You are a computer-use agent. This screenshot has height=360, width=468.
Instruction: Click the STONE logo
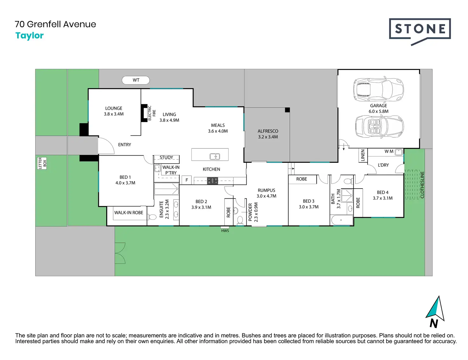click(x=420, y=31)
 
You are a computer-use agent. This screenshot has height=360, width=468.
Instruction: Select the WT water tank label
click(x=136, y=80)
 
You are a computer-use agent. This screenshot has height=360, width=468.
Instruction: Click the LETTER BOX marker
click(x=42, y=163)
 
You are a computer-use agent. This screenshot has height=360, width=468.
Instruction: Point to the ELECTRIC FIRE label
click(x=152, y=113)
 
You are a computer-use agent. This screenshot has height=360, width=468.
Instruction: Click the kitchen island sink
click(x=215, y=156)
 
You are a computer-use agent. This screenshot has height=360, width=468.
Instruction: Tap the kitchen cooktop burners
click(x=213, y=181)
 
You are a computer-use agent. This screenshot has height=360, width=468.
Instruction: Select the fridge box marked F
click(x=187, y=180)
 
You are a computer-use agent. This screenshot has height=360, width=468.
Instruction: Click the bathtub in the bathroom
click(x=342, y=220)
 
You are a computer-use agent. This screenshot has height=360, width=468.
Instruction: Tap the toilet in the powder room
click(x=240, y=220)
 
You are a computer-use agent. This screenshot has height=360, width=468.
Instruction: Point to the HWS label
click(x=225, y=231)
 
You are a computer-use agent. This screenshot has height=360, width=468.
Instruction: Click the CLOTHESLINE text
click(x=422, y=185)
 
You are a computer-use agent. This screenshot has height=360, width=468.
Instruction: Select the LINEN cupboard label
click(x=363, y=155)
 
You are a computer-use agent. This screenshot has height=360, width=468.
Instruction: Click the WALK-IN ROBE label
click(x=128, y=213)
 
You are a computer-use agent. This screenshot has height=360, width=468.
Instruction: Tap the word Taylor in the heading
click(x=30, y=36)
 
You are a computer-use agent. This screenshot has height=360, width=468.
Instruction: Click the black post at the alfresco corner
click(x=287, y=110)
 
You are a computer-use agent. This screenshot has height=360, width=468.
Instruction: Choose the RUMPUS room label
click(x=266, y=190)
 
